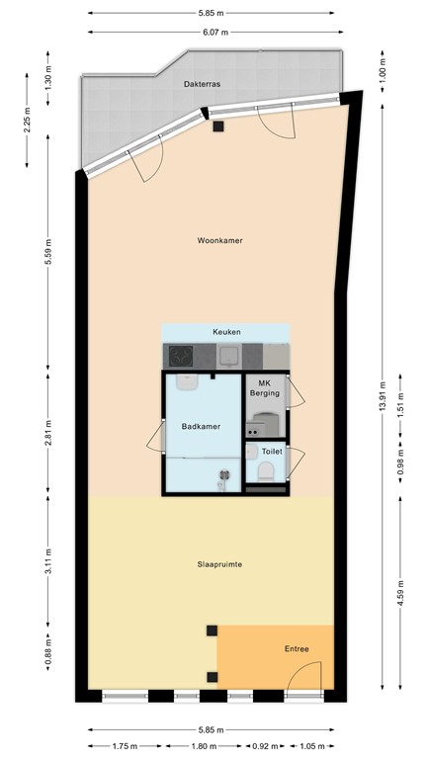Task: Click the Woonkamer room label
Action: click(x=219, y=240)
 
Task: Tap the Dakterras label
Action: click(x=202, y=85)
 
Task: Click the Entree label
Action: click(x=296, y=649)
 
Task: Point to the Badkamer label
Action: click(x=201, y=426)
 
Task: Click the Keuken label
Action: click(x=226, y=332)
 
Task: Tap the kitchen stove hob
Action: click(x=182, y=355)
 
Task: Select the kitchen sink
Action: click(x=228, y=355)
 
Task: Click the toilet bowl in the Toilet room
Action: click(x=264, y=472)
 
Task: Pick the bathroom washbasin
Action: click(x=187, y=380)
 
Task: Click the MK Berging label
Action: click(x=264, y=387)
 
